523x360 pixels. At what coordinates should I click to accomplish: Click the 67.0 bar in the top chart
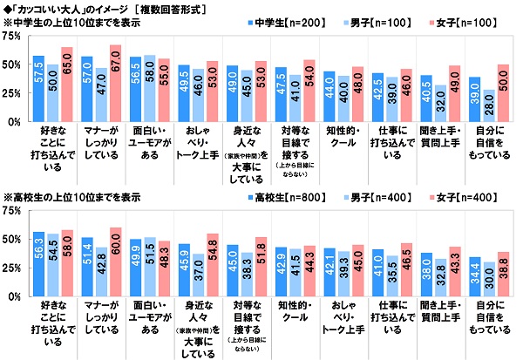(115, 84)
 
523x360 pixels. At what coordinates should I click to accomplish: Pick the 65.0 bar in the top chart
(67, 85)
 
